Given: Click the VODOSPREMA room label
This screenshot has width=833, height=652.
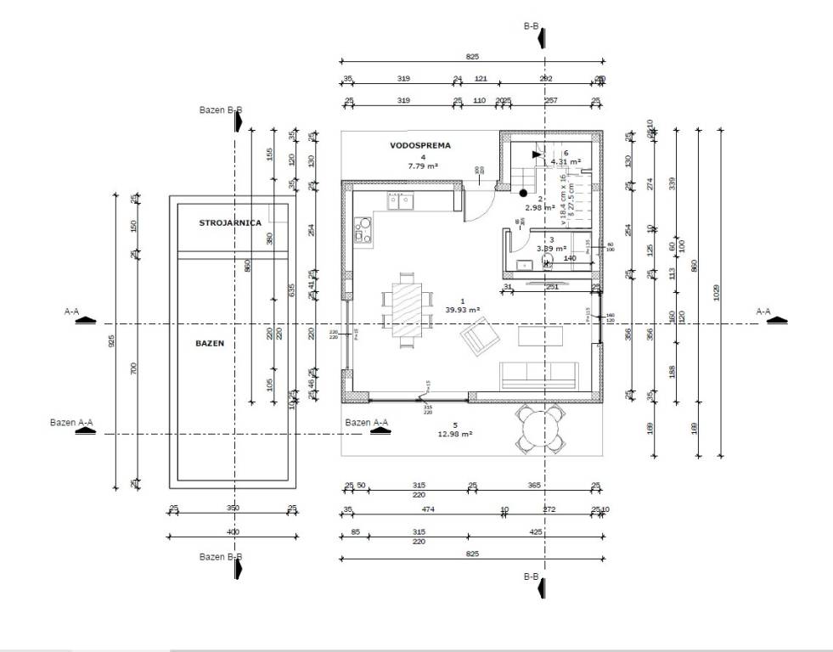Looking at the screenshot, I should (421, 146).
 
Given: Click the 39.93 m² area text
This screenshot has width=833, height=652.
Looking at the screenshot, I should (464, 310).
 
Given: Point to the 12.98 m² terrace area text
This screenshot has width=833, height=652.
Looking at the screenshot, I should (455, 434).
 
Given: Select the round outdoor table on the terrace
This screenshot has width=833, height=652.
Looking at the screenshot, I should (541, 427).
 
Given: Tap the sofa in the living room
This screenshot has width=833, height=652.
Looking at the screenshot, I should (539, 374).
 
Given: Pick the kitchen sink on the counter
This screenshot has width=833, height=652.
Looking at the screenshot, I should (400, 201).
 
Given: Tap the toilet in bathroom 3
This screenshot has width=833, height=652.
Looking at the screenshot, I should (547, 260).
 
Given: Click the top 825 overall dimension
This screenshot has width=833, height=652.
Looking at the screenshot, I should (473, 56).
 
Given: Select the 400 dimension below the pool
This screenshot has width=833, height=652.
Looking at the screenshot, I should (233, 531).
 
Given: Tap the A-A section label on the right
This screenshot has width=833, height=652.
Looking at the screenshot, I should (763, 312).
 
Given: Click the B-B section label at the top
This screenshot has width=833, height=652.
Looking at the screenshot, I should (531, 27).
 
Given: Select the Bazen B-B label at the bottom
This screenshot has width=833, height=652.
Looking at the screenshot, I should (221, 557).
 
